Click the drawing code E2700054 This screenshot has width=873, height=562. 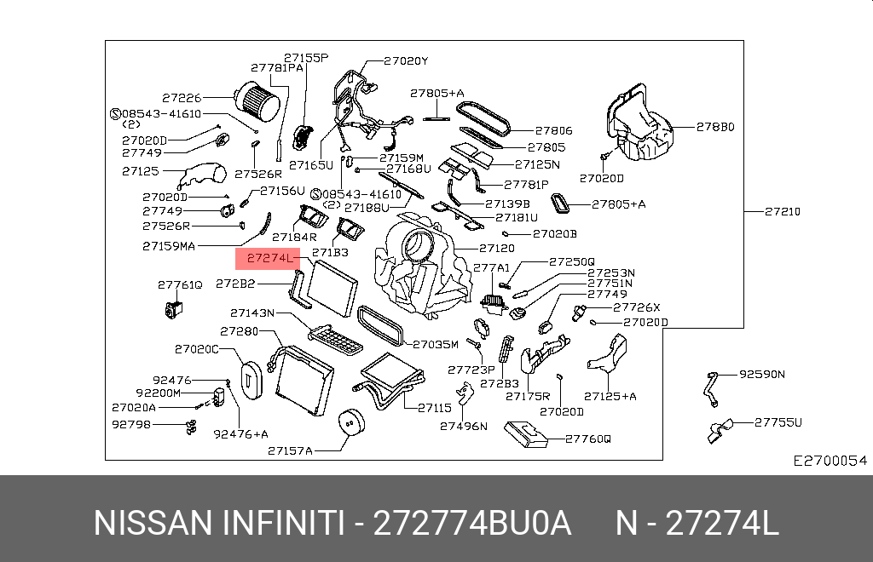tap(830, 461)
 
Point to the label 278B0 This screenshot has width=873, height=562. tap(714, 127)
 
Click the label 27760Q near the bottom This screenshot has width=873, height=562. tap(588, 439)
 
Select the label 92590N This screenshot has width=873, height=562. tap(761, 374)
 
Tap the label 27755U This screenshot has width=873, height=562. tap(778, 421)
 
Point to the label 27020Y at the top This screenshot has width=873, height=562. tap(406, 60)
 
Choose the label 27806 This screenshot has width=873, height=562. tap(554, 131)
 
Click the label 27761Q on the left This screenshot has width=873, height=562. tap(179, 284)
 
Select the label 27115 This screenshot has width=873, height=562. tap(434, 408)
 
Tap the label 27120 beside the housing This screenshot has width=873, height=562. tap(496, 249)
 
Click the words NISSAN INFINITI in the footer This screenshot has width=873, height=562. tap(218, 523)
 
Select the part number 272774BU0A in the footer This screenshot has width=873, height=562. tap(473, 523)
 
